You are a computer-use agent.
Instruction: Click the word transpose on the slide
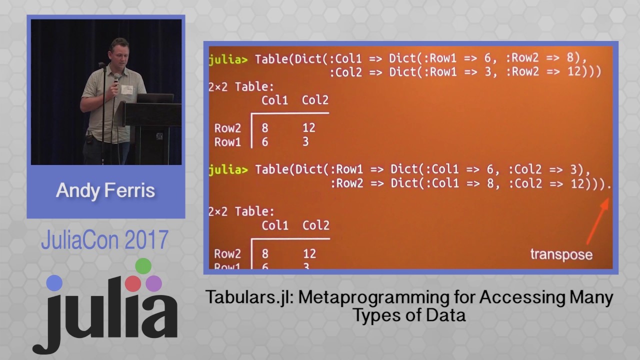tap(561, 254)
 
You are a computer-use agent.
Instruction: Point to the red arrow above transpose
tap(597, 220)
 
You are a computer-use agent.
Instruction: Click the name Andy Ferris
tap(105, 190)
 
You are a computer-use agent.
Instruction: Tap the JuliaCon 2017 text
tap(104, 240)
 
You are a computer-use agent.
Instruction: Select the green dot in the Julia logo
tap(143, 266)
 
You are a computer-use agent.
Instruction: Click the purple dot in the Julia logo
tap(154, 283)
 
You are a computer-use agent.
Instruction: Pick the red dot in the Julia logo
tap(133, 283)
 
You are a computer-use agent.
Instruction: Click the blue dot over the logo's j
tap(54, 283)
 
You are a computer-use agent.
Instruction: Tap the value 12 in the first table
tap(308, 128)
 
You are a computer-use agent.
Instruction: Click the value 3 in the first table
tap(305, 142)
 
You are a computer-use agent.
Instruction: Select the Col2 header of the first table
tap(315, 100)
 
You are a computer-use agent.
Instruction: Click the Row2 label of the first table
tap(227, 128)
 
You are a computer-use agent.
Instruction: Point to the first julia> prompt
tap(227, 58)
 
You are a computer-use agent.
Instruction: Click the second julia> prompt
tap(227, 169)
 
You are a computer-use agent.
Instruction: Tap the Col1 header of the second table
tap(275, 225)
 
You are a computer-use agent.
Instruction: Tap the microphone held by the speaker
tap(116, 79)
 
